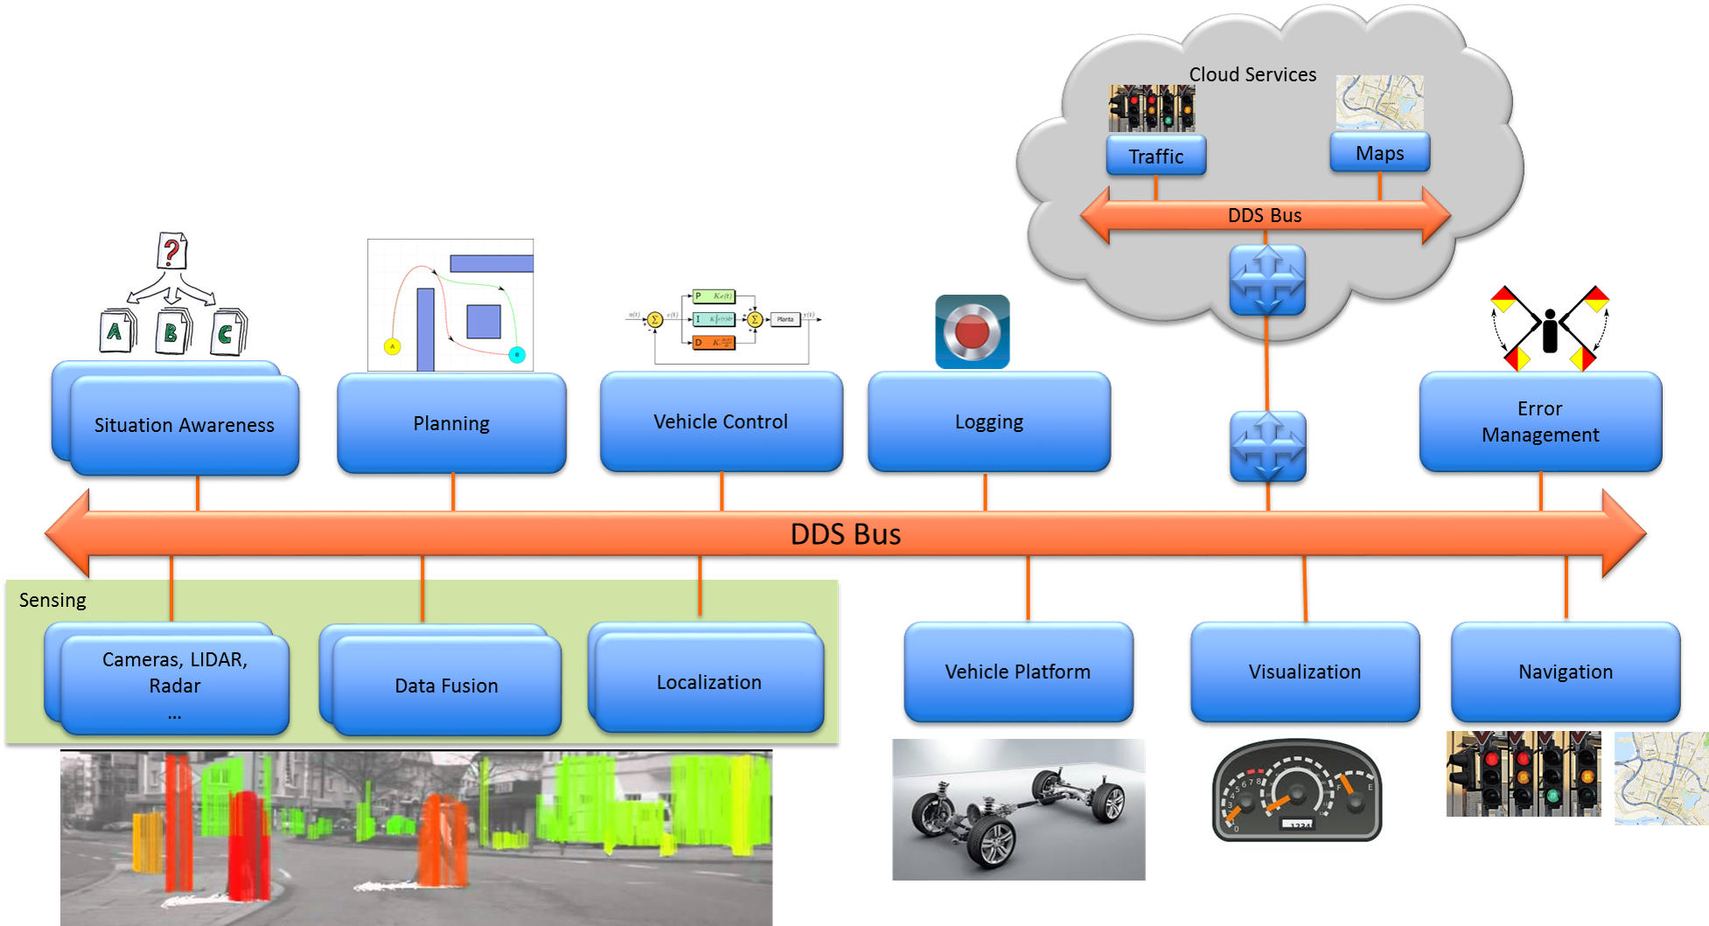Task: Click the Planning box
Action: point(451,423)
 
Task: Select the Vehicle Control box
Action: point(721,421)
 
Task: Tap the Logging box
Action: point(988,421)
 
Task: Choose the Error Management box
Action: point(1539,421)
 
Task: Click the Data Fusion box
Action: point(446,686)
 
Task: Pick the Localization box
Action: point(708,682)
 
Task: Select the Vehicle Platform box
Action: point(1017,672)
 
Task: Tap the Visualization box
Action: point(1304,672)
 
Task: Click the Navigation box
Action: point(1565,672)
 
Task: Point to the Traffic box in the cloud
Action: point(1155,156)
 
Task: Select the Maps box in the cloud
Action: point(1379,153)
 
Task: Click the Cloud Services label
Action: point(1252,75)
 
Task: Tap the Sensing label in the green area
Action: point(52,600)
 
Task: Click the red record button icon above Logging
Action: point(972,332)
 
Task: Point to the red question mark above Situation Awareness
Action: point(171,252)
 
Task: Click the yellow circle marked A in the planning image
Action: point(393,346)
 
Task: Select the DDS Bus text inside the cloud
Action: point(1264,215)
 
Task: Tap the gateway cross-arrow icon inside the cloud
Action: point(1267,280)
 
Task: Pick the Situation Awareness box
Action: point(184,425)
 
